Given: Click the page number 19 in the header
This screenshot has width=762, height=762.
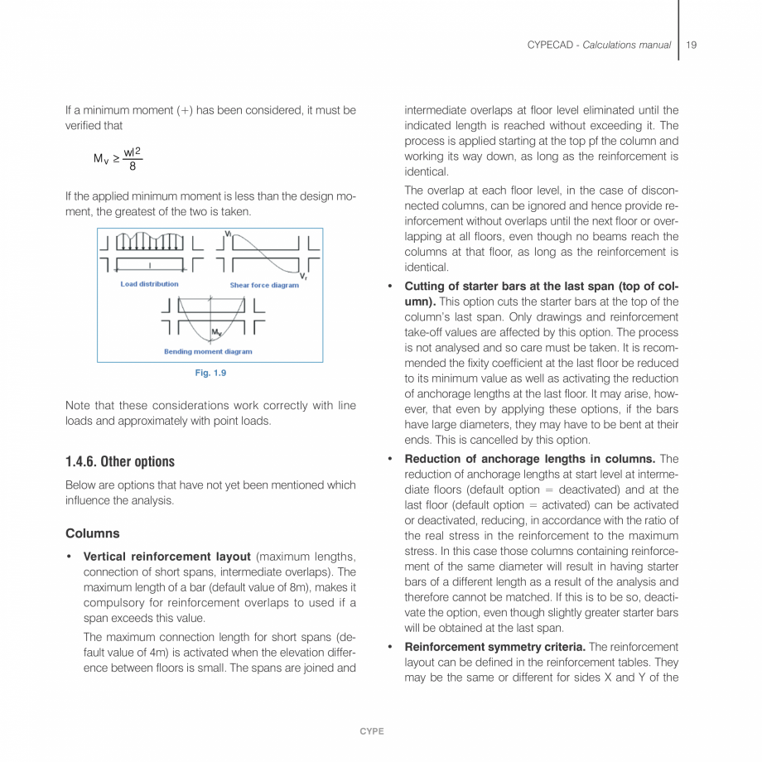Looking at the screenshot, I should click(691, 45).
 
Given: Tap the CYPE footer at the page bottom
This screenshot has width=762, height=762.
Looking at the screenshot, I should click(371, 731).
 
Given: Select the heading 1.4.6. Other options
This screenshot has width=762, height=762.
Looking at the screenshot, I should click(120, 461).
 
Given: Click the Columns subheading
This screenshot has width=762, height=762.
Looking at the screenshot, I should click(92, 533).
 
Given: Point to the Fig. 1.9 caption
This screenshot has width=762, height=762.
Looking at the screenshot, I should click(210, 373).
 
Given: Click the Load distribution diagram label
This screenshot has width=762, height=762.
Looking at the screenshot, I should click(149, 284).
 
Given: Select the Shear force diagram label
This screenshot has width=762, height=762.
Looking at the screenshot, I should click(264, 285).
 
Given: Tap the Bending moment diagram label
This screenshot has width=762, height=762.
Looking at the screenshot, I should click(208, 351).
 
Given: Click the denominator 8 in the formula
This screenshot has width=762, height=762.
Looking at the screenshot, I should click(133, 166).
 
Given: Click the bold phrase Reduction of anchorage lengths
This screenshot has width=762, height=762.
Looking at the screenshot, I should click(518, 458).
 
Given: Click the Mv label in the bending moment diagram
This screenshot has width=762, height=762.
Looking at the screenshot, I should click(215, 333).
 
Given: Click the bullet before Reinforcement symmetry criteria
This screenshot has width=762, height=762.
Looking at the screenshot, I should click(389, 646).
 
